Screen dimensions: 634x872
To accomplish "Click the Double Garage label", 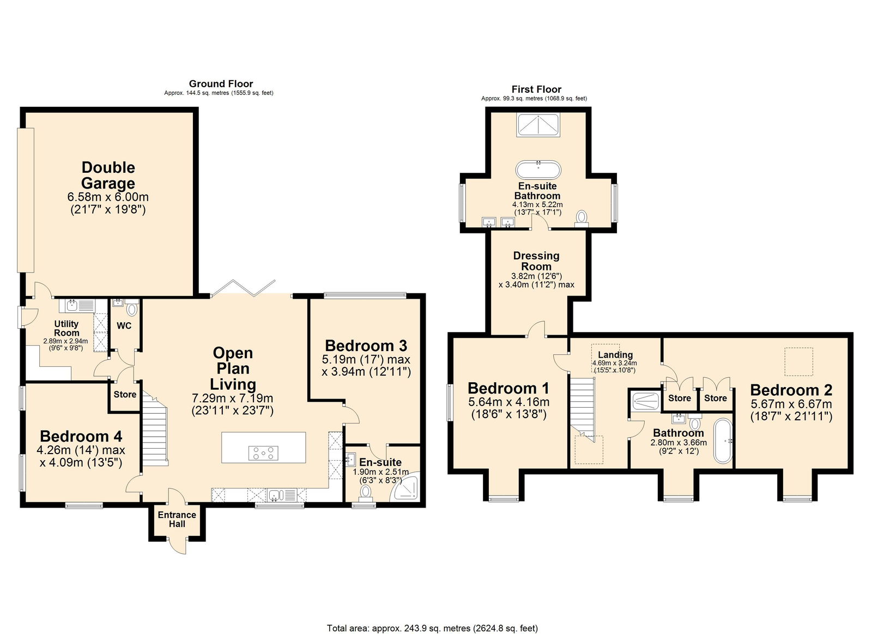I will click(108, 175).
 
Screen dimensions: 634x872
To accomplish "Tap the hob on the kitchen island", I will click(263, 452).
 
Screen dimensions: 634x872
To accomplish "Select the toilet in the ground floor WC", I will click(131, 309).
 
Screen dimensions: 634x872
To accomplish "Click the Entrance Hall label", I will click(177, 519).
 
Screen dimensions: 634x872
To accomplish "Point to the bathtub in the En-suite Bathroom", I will click(538, 170).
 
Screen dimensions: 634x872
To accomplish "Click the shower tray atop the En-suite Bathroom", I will click(538, 124).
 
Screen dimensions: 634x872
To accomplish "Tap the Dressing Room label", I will click(536, 261).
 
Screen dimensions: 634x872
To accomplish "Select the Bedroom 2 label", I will click(791, 390).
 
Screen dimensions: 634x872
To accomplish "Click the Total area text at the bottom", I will click(432, 628).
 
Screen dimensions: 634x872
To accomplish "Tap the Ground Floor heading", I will click(221, 83).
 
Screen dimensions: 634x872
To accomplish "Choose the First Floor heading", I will click(536, 89).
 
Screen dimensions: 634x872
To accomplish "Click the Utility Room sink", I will click(73, 305).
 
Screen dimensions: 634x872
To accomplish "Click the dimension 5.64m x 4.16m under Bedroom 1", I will click(508, 402).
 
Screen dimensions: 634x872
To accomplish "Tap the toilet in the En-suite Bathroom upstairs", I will click(582, 218).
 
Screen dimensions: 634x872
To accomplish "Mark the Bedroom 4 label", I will click(81, 436).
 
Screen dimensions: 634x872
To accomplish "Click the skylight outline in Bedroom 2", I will click(798, 361).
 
